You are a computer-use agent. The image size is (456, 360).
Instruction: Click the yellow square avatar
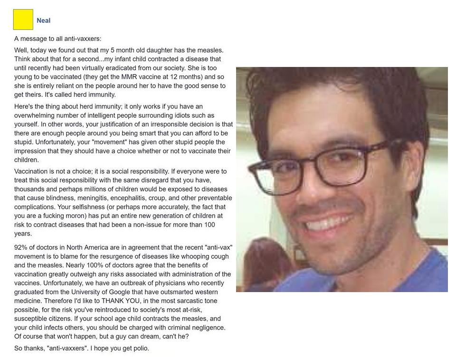pyautogui.click(x=23, y=19)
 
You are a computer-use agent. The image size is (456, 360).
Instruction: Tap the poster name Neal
pyautogui.click(x=43, y=20)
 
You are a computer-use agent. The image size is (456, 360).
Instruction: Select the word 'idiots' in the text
pyautogui.click(x=186, y=115)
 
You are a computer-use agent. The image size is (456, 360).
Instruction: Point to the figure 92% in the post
pyautogui.click(x=21, y=247)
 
